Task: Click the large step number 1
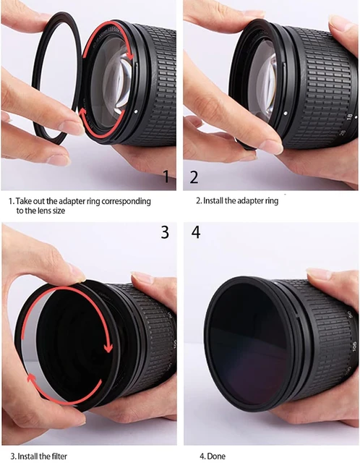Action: click(x=166, y=176)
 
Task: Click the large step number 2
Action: click(x=194, y=177)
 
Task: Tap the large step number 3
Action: click(x=165, y=232)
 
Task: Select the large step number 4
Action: click(x=196, y=232)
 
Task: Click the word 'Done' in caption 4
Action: click(x=216, y=456)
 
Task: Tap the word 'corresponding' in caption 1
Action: click(x=127, y=201)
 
